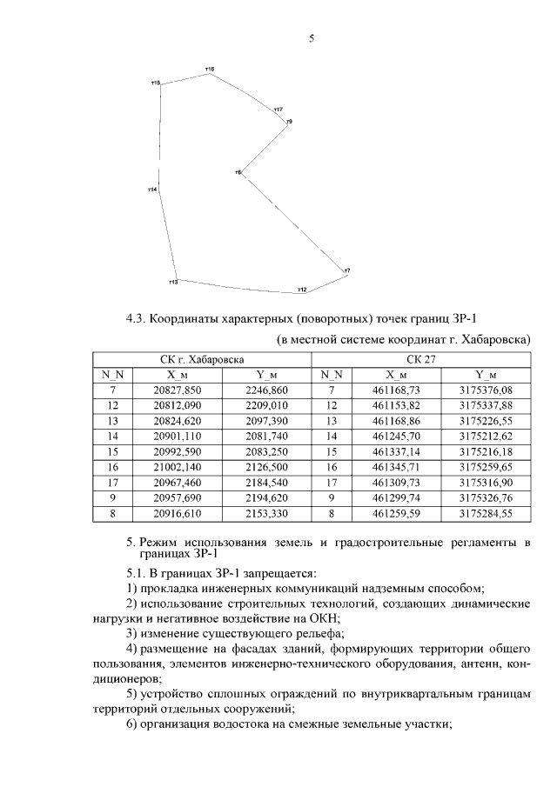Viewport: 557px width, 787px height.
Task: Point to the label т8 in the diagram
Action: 237,172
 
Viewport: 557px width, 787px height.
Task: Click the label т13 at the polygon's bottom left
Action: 172,283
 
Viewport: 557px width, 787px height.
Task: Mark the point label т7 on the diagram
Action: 347,271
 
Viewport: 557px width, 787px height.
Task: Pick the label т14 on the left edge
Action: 151,189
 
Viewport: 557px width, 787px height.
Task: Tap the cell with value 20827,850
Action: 178,390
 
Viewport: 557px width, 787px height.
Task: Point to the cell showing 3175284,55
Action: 486,515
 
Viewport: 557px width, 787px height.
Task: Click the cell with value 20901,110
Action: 178,437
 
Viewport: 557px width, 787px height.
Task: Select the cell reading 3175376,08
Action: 486,390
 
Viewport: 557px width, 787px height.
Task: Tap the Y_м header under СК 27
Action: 486,375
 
